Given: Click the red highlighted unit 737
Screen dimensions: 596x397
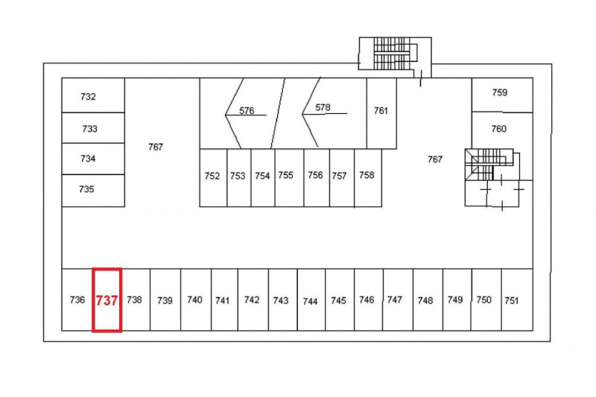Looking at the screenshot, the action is pos(107,300).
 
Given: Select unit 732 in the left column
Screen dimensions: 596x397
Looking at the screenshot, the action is pos(93,95).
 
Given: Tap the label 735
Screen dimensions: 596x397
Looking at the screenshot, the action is pos(86,188).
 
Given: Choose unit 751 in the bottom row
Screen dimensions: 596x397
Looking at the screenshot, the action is pos(517,299).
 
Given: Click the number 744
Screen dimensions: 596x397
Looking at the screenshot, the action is pos(310,301).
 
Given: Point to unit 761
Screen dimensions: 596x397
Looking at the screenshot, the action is pos(381,113).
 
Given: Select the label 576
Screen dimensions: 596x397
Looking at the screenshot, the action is pos(247,110).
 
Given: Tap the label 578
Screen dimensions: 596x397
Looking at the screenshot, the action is pos(323,107).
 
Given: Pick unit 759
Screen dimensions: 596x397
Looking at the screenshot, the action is pos(502,95).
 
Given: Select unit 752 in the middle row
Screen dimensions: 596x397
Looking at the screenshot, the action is pos(213,178).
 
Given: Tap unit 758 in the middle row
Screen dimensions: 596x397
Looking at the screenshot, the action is pos(368,178).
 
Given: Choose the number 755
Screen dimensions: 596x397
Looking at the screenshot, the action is pos(285,175).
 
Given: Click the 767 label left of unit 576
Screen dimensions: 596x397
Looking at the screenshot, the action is pos(156,147).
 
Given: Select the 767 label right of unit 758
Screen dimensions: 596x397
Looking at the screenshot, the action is pos(435,159).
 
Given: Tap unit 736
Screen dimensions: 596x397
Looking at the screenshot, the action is pos(77,299).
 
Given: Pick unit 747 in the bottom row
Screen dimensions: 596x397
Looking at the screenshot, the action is pos(398,299).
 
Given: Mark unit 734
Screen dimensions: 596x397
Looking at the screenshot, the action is pos(93,159).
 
